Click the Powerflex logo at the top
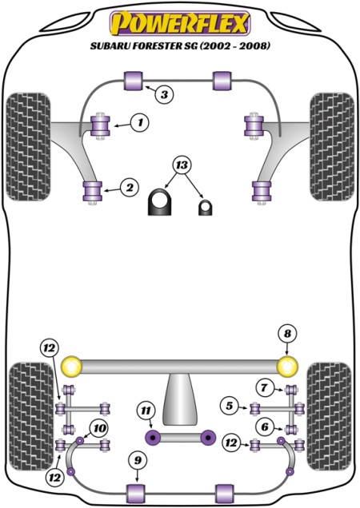(x=180, y=23)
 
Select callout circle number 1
(x=140, y=122)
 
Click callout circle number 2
(x=130, y=187)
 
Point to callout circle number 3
(x=164, y=94)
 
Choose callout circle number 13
(x=182, y=165)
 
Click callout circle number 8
(x=288, y=334)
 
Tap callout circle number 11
(x=146, y=411)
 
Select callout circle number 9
(x=138, y=460)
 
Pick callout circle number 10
(x=98, y=428)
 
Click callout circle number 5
(x=230, y=406)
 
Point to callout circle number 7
(x=264, y=387)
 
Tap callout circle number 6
(x=265, y=427)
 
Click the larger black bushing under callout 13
(x=159, y=202)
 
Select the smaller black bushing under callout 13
(x=205, y=208)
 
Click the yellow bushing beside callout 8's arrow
(x=288, y=367)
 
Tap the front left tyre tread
(x=28, y=147)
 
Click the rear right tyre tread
(x=329, y=416)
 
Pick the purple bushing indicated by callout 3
(x=134, y=81)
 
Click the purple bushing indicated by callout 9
(x=135, y=494)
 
